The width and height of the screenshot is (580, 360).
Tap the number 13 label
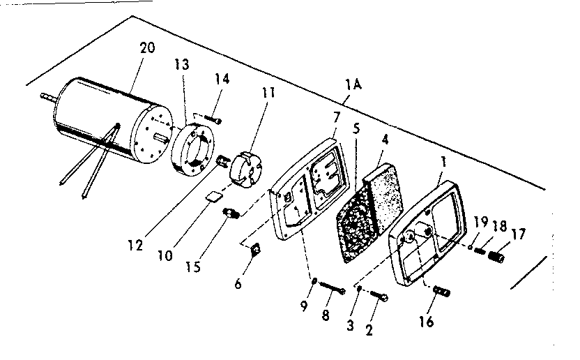(x=181, y=65)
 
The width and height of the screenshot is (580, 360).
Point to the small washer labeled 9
(x=314, y=282)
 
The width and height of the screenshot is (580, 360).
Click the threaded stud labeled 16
(x=441, y=290)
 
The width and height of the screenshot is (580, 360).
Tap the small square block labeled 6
(x=256, y=248)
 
